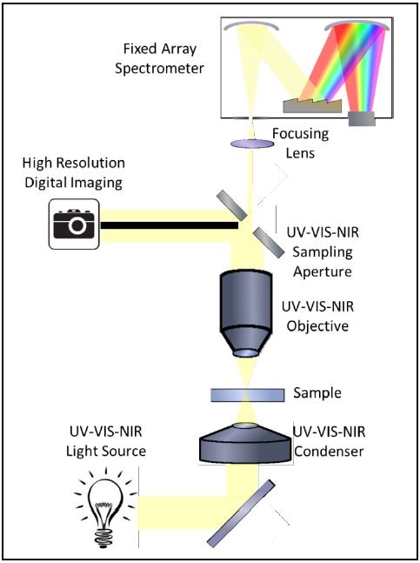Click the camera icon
pyautogui.click(x=74, y=224)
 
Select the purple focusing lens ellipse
pyautogui.click(x=252, y=144)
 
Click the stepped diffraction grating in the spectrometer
pyautogui.click(x=312, y=104)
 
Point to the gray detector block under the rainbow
pyautogui.click(x=362, y=119)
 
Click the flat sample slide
pyautogui.click(x=248, y=395)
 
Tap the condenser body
pyautogui.click(x=245, y=444)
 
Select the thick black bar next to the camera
pyautogui.click(x=170, y=225)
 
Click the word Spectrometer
pyautogui.click(x=159, y=68)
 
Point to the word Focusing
pyautogui.click(x=300, y=133)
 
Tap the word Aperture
pyautogui.click(x=322, y=271)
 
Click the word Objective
pyautogui.click(x=317, y=326)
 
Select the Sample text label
pyautogui.click(x=317, y=392)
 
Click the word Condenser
pyautogui.click(x=329, y=451)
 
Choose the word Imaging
pyautogui.click(x=98, y=183)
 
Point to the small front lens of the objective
pyautogui.click(x=246, y=353)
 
